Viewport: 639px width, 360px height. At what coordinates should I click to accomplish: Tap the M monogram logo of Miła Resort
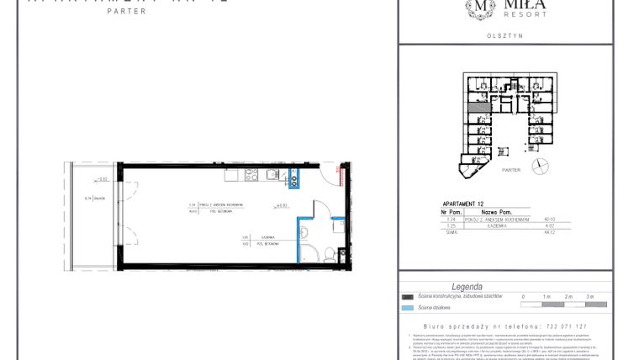pos(481,8)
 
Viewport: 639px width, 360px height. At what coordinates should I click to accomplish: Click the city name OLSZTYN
pos(505,35)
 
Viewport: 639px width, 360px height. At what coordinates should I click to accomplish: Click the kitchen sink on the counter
pos(272,175)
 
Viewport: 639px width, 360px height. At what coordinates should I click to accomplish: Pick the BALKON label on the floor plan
pos(99,198)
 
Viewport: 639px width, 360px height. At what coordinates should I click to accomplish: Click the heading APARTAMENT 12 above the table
pos(463,204)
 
